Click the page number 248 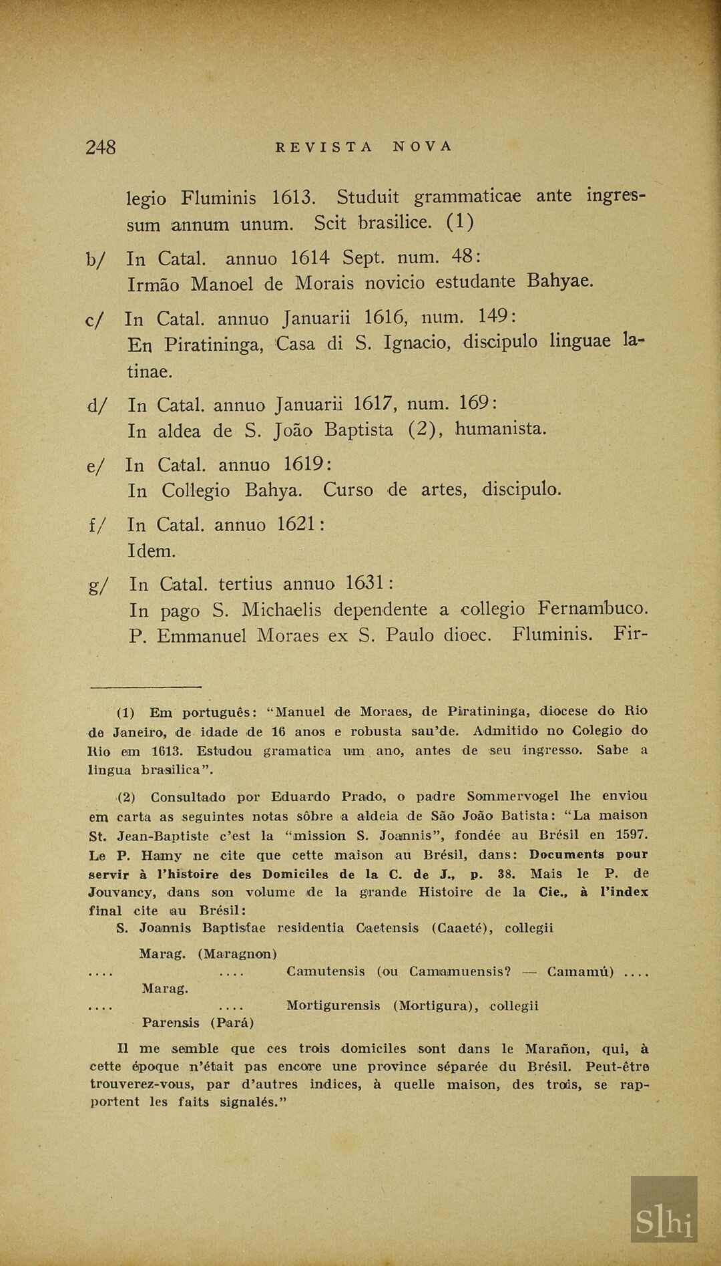coord(101,147)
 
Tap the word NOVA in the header coord(423,147)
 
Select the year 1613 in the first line coord(293,198)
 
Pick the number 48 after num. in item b coord(461,257)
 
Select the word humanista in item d coord(501,429)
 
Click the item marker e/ coord(95,466)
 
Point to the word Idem coord(152,551)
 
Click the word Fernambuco coord(593,609)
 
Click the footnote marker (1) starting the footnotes coord(126,712)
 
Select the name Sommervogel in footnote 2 coord(513,796)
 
